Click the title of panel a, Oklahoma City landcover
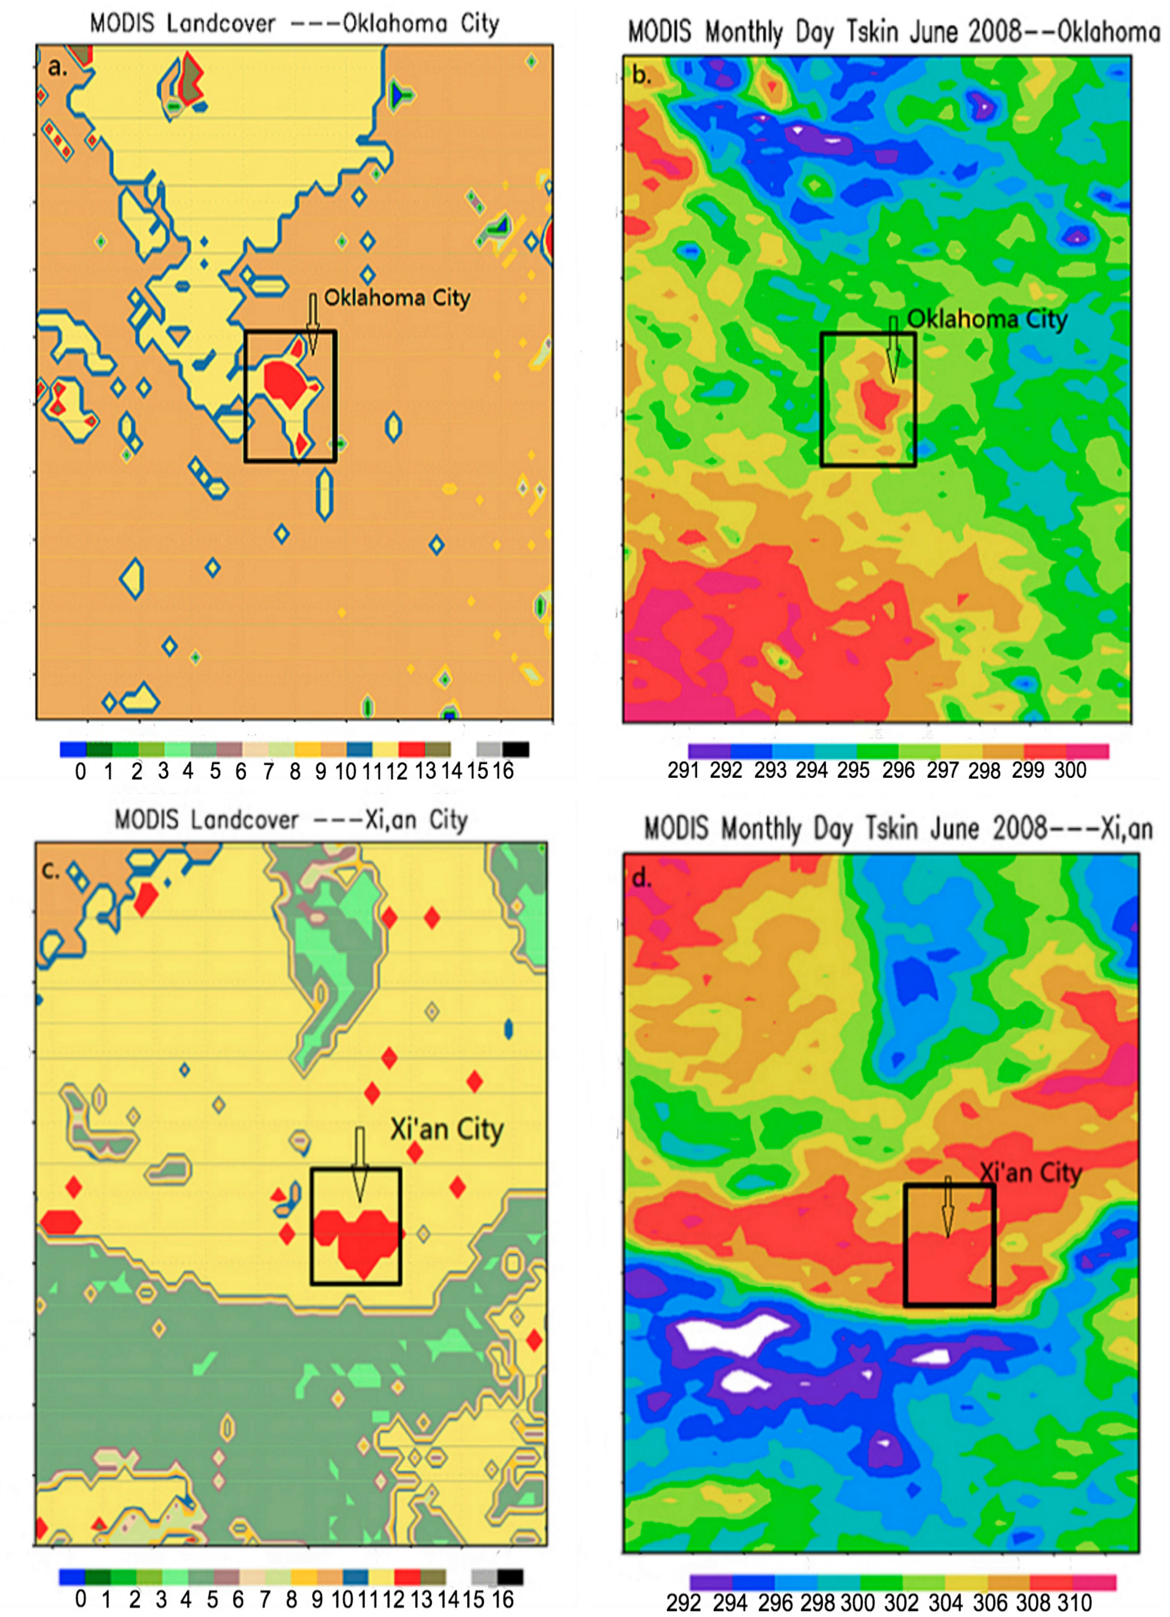294,23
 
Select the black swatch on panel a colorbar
515,749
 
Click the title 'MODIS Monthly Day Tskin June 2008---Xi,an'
899,828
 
